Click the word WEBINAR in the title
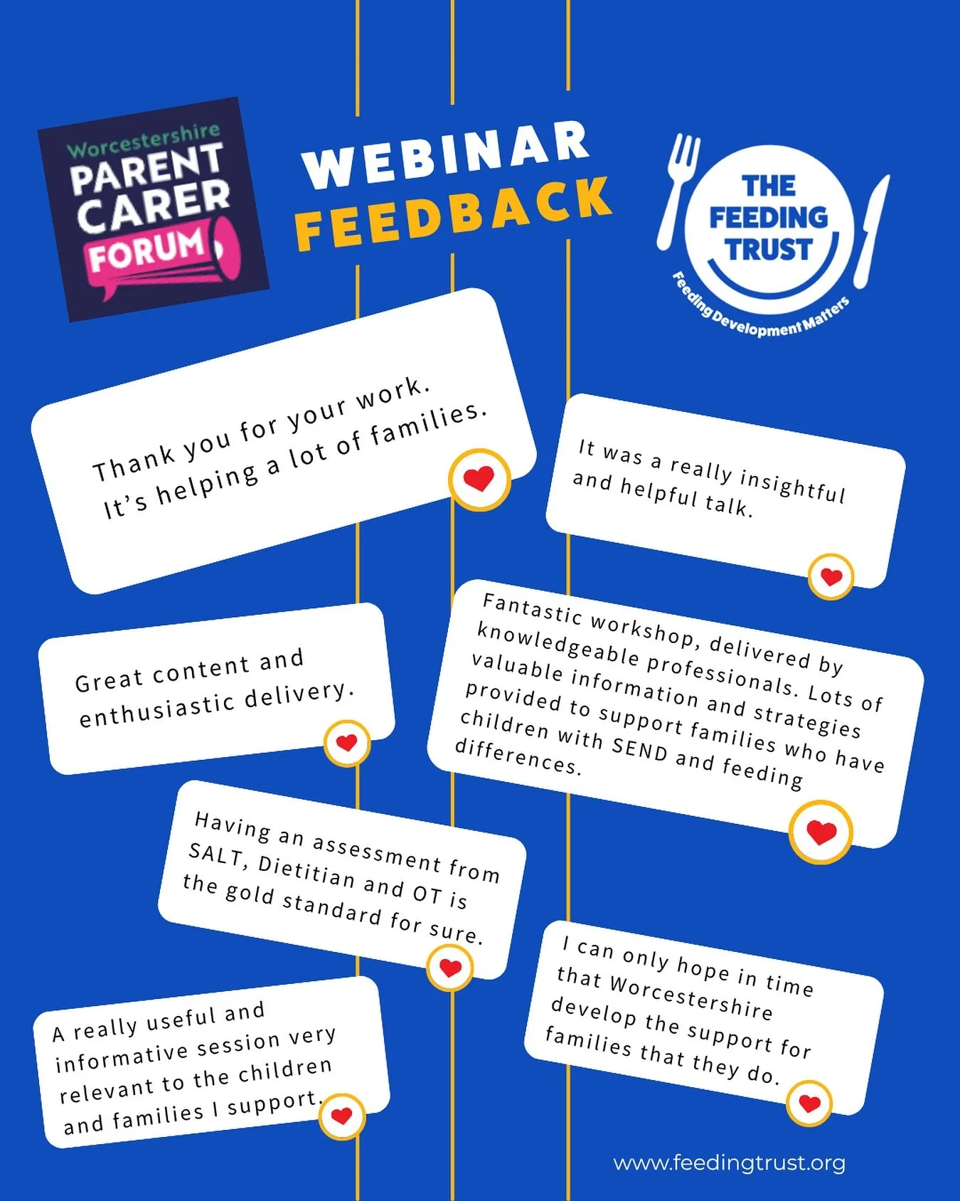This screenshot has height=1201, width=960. [447, 154]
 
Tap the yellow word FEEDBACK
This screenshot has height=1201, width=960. [453, 212]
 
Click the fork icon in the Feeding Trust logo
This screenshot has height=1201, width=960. [678, 189]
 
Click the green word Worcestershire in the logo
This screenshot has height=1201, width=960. [143, 139]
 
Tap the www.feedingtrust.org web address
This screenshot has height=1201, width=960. [729, 1163]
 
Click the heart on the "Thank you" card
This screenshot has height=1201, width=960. [479, 479]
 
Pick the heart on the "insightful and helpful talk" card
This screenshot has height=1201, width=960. [831, 576]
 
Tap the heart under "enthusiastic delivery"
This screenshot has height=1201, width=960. [346, 743]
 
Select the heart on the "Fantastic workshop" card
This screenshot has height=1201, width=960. [821, 832]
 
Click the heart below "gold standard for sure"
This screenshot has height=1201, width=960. [450, 968]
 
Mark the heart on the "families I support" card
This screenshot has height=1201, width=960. [342, 1116]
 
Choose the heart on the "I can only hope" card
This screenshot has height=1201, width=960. [809, 1103]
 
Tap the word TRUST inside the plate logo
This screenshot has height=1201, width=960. [768, 250]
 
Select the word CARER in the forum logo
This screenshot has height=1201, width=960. [154, 206]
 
